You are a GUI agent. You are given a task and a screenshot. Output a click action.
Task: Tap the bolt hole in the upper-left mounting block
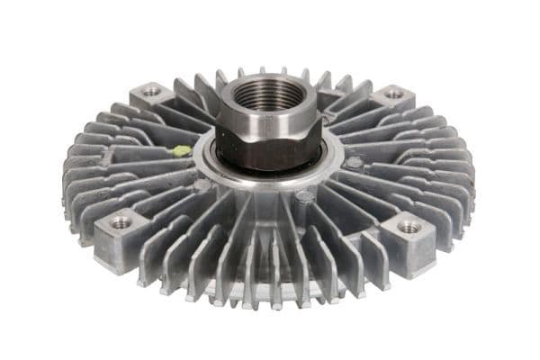[x=151, y=92]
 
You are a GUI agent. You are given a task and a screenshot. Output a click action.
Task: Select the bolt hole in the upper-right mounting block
[x=392, y=93]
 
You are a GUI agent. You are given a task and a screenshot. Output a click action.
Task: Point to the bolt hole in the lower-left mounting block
[x=120, y=221]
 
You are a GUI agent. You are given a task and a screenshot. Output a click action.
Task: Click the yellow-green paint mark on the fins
[x=182, y=151]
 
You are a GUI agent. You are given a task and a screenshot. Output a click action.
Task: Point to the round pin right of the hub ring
[x=355, y=163]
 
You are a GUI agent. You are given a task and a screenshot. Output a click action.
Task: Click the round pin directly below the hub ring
[x=305, y=195]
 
